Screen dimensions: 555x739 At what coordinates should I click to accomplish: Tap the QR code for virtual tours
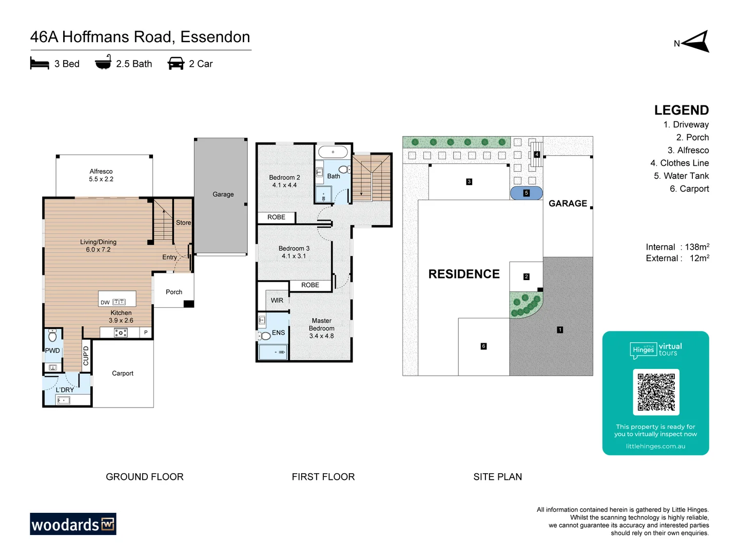656,392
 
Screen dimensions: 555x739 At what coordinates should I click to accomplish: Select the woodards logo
73,524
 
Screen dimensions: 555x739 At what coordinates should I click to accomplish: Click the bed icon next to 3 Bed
40,64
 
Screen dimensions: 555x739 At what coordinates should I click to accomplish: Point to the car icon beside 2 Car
176,64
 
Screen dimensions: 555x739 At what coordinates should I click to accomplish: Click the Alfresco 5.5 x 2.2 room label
101,175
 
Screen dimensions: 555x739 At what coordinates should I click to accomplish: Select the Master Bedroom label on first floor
322,328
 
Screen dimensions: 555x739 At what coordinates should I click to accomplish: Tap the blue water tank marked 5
526,193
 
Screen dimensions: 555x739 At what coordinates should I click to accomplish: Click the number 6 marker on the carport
483,346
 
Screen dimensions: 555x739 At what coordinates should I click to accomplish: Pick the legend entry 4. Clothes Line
679,163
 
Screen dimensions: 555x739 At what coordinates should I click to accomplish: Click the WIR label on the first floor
277,301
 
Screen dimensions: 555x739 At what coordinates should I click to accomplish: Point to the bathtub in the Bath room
333,152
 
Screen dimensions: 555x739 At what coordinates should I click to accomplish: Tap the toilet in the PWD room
52,337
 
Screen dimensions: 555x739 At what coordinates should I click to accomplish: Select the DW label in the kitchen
105,303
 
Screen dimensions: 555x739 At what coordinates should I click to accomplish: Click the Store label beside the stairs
183,223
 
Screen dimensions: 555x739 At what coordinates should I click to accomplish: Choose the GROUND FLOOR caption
145,477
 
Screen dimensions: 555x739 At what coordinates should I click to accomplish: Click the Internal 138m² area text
677,247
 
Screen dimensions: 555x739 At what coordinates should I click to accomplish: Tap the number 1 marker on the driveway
560,330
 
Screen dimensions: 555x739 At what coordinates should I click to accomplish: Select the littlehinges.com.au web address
655,446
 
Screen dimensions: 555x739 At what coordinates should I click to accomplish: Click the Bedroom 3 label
294,252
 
